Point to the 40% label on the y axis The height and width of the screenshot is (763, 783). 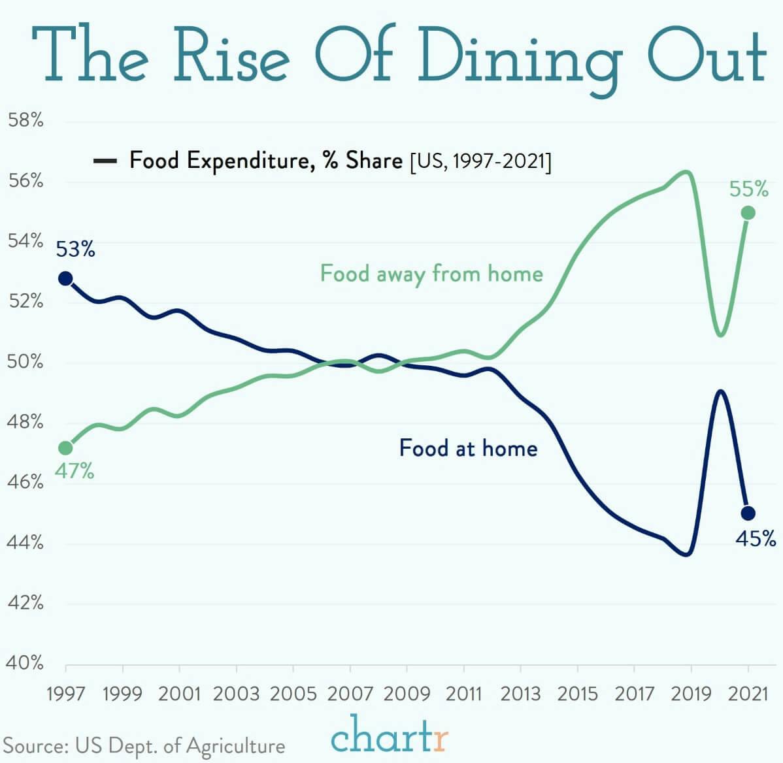tap(25, 663)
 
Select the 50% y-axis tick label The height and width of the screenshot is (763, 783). tap(25, 361)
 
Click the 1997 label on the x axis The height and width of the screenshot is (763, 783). tap(65, 693)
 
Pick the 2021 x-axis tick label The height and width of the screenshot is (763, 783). tap(748, 693)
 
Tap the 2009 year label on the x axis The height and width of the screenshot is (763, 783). tap(407, 693)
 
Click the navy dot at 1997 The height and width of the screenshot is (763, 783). tap(65, 278)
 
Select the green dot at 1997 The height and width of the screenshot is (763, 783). tap(65, 447)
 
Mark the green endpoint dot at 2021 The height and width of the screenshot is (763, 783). tap(748, 213)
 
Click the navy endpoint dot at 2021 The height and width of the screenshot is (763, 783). tap(748, 513)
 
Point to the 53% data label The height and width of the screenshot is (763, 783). tap(75, 250)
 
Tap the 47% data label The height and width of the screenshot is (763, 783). tap(74, 471)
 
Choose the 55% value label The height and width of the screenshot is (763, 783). tap(749, 189)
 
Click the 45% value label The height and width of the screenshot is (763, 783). tap(756, 539)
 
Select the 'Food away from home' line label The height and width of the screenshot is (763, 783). tap(431, 273)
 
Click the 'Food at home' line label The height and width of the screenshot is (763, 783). tap(468, 448)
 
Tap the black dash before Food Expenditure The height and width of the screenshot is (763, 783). tap(105, 161)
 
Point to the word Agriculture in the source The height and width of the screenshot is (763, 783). tap(235, 746)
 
